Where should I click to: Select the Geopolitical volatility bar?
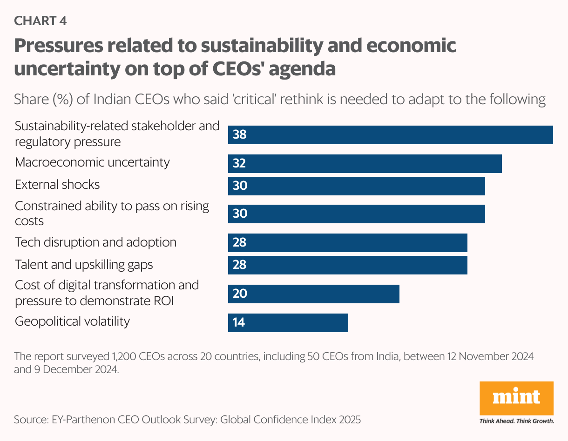[288, 323]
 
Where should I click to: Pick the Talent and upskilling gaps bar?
[347, 265]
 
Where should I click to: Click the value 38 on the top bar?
[239, 135]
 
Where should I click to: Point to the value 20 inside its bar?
[239, 294]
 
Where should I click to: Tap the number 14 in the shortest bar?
[239, 323]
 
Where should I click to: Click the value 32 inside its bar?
[239, 164]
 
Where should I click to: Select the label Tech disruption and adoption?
[95, 242]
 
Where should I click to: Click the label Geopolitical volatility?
[72, 321]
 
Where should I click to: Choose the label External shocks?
[57, 185]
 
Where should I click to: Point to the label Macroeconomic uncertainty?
[92, 162]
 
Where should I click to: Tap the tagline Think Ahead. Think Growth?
[516, 421]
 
